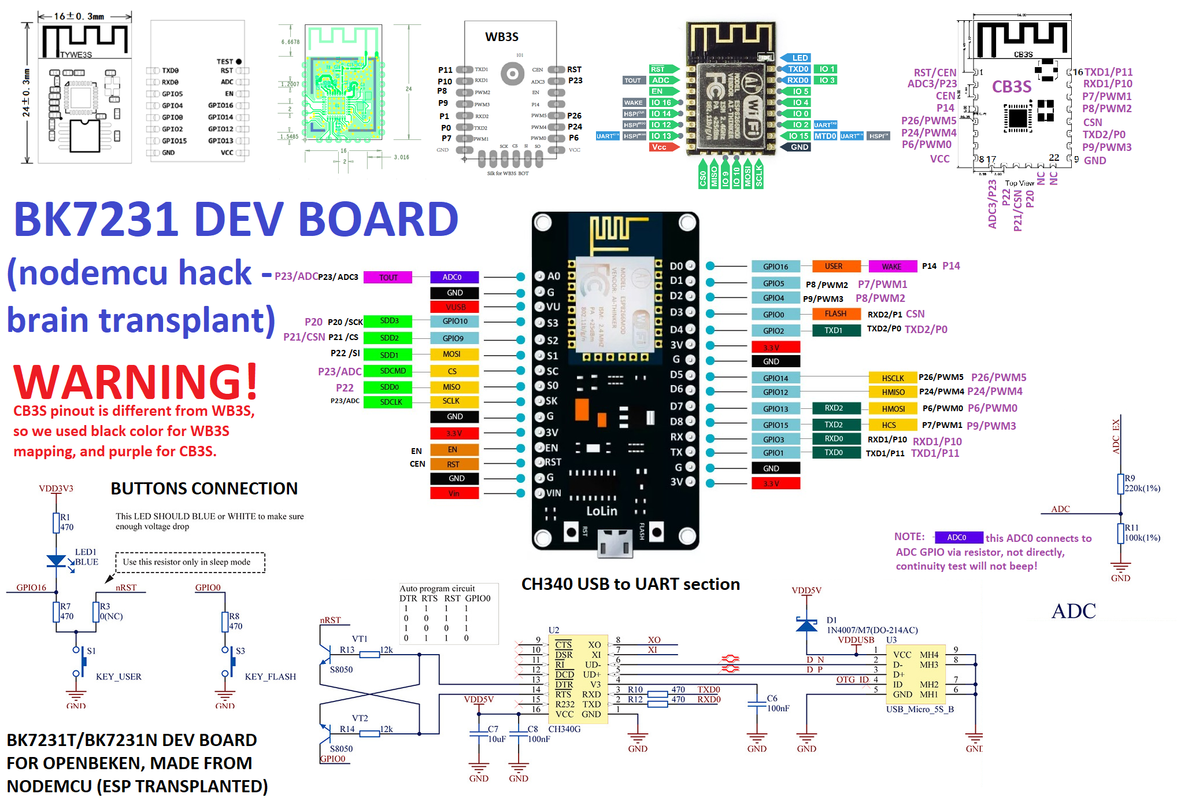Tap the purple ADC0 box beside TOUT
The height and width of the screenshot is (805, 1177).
click(x=454, y=277)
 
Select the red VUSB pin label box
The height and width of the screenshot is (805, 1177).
click(x=454, y=307)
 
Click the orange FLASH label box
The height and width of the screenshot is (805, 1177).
click(x=835, y=314)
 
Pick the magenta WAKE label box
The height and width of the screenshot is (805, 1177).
click(x=892, y=267)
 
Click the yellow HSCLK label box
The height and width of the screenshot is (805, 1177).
click(x=893, y=378)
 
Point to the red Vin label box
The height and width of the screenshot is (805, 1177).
click(x=454, y=493)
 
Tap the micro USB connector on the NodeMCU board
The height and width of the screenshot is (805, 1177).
click(x=615, y=544)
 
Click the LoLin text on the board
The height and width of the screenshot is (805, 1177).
click(x=602, y=511)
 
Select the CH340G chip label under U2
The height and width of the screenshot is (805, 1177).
click(x=564, y=729)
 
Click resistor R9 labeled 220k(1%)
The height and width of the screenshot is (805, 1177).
click(x=1120, y=483)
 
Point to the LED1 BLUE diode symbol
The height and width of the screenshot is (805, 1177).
click(x=56, y=560)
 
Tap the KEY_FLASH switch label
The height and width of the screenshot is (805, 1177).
click(x=270, y=677)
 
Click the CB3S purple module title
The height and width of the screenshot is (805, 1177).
click(x=1011, y=87)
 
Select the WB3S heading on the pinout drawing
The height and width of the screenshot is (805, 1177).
click(x=501, y=37)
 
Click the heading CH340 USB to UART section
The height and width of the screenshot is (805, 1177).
click(x=630, y=584)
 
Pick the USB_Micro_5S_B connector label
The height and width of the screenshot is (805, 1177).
click(x=920, y=710)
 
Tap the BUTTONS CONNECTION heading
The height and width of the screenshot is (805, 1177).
click(x=204, y=489)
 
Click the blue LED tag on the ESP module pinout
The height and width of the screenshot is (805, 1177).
click(x=800, y=58)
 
